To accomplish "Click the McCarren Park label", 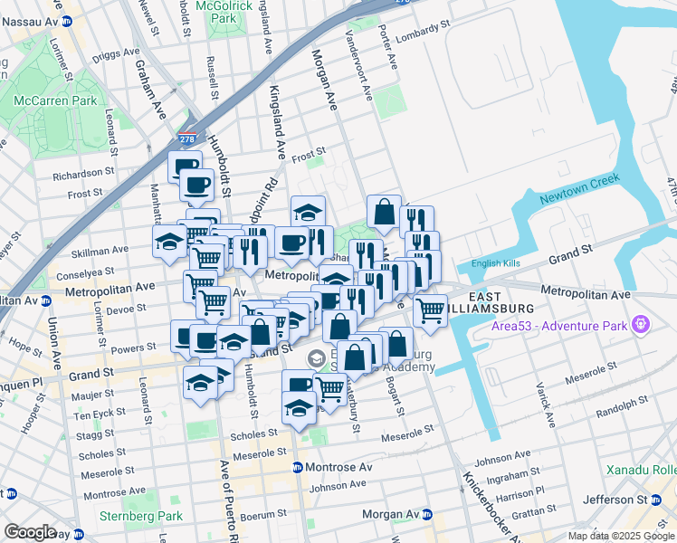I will click(61, 101).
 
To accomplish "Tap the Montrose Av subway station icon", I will click(297, 468).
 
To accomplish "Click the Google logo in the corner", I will click(30, 532).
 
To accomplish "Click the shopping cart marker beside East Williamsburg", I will click(431, 310).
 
